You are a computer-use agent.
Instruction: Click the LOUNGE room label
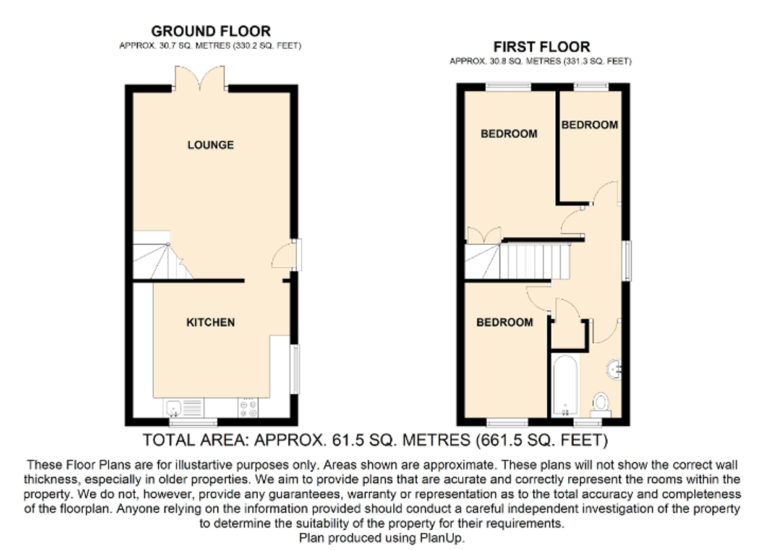210,145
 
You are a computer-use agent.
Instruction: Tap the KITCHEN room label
210,323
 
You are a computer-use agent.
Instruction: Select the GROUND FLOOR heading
211,32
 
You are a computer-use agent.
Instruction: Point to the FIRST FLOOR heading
542,47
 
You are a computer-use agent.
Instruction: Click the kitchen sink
184,408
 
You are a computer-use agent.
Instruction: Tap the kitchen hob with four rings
248,408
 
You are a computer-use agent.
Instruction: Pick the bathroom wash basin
614,370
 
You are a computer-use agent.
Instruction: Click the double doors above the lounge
200,78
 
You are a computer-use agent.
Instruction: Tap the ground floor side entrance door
287,255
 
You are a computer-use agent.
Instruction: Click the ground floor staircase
159,255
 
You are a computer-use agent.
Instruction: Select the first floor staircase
517,261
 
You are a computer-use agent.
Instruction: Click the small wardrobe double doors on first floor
484,235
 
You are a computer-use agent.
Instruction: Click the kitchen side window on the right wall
296,369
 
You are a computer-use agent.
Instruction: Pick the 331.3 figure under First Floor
578,61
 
